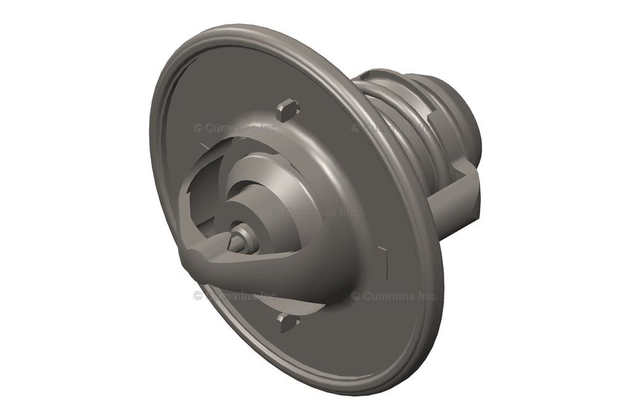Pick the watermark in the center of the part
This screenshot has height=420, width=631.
(315, 211)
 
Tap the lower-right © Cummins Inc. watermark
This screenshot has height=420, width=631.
(394, 296)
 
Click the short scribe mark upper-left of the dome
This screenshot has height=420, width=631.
(203, 145)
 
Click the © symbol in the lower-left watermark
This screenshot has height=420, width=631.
(198, 296)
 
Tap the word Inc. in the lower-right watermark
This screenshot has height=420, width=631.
(427, 296)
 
